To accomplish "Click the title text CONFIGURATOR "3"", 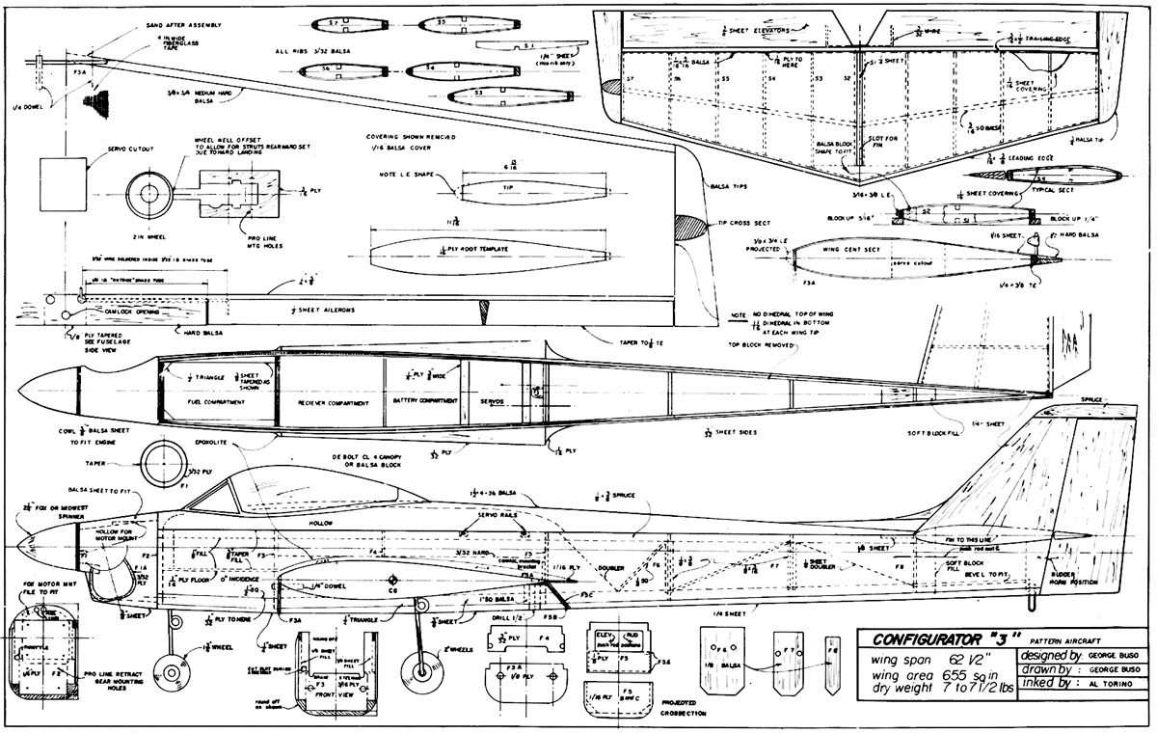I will (940, 638).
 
